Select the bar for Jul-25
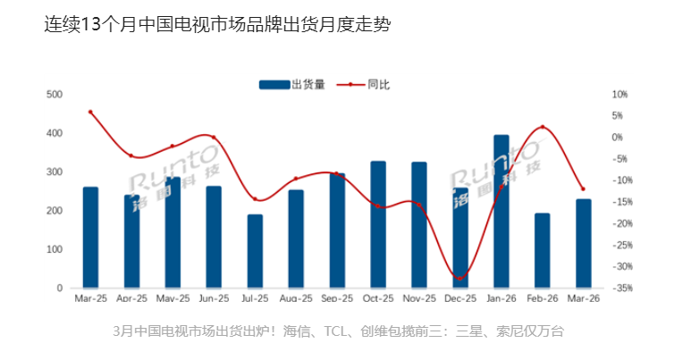click(255, 251)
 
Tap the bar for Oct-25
click(378, 224)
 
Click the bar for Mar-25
click(90, 238)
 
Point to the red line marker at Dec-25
click(460, 279)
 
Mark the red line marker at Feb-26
click(542, 128)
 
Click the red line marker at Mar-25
click(90, 113)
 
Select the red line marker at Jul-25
click(255, 199)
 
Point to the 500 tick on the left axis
click(54, 94)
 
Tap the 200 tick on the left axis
click(54, 211)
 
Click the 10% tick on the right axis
click(619, 94)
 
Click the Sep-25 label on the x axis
click(337, 301)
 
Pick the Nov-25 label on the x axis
click(419, 301)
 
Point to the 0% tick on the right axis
click(617, 137)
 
